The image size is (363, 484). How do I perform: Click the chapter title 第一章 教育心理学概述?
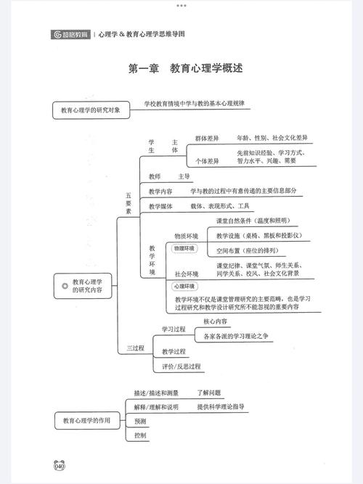click(x=185, y=68)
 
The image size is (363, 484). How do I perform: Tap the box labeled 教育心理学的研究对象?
click(x=91, y=110)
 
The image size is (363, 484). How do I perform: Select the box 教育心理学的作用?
click(x=87, y=420)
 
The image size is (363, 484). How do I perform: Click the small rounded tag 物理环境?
click(x=184, y=248)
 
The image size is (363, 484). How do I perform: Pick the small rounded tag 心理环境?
click(x=184, y=286)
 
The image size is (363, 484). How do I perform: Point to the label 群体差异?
click(x=207, y=139)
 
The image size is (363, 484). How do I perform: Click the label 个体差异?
click(x=207, y=161)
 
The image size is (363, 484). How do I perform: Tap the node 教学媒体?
click(x=160, y=206)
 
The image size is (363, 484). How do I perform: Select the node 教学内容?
click(x=160, y=192)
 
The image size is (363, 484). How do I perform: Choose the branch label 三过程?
click(x=135, y=348)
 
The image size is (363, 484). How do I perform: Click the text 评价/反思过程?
click(x=181, y=366)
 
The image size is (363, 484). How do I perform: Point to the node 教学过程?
click(x=174, y=351)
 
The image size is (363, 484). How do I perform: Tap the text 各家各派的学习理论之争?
click(x=236, y=336)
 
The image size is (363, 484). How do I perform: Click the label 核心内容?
click(x=216, y=321)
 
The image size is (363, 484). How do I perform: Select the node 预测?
click(x=140, y=421)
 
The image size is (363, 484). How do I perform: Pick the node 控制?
click(x=140, y=435)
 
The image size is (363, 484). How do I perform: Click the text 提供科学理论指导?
click(x=221, y=406)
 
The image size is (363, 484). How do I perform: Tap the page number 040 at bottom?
click(x=60, y=465)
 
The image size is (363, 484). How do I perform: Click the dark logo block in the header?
click(x=70, y=35)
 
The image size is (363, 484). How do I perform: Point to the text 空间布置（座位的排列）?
click(x=248, y=250)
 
